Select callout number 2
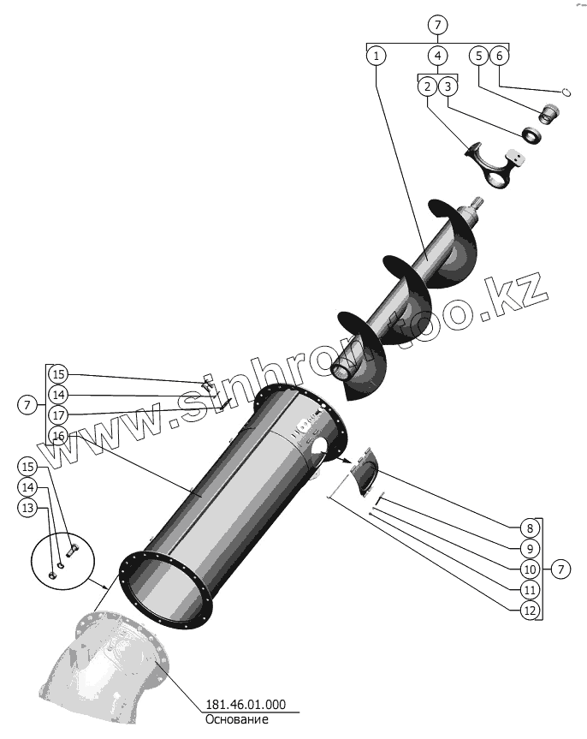(427, 86)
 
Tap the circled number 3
(448, 86)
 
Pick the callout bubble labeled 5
(479, 56)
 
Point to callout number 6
(501, 56)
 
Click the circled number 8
(530, 527)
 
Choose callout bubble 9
(530, 548)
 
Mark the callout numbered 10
(530, 569)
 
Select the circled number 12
(530, 610)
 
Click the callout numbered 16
(57, 436)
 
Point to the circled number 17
(57, 415)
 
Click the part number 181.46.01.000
(246, 706)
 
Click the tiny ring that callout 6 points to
(566, 92)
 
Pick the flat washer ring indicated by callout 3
(533, 134)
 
